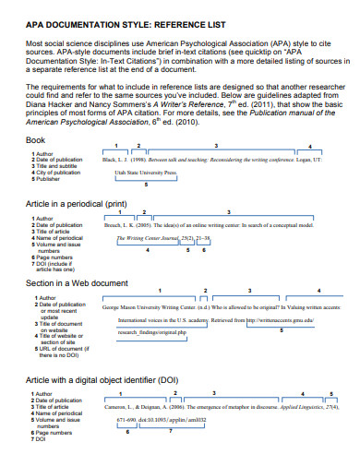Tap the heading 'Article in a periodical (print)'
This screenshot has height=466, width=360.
[x=76, y=202]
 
